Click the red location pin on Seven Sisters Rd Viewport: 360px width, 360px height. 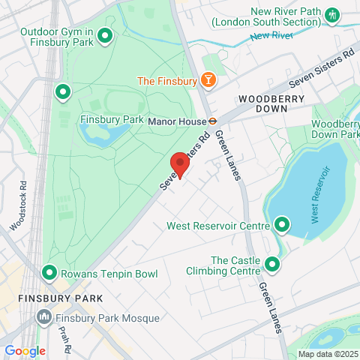point(178,163)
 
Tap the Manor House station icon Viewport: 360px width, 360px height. point(213,118)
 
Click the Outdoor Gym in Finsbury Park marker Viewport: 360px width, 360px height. point(106,34)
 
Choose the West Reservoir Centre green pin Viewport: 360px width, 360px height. point(282,224)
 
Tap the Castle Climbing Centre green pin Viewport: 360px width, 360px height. point(271,264)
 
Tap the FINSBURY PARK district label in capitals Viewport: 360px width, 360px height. point(49,298)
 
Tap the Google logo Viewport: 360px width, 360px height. point(25,350)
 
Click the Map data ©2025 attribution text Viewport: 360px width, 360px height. point(327,354)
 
